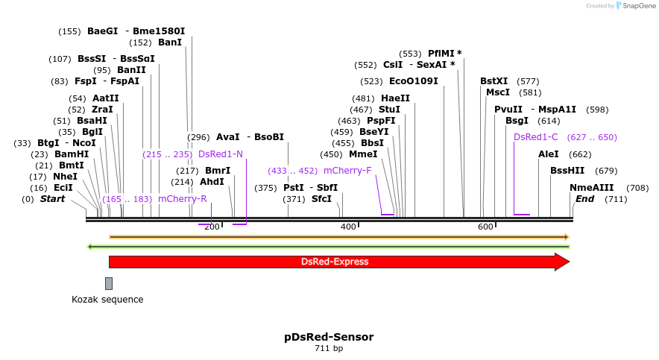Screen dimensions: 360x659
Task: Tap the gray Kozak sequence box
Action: coord(109,283)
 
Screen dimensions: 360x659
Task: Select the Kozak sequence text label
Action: coord(107,300)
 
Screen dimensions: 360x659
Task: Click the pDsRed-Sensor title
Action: coord(329,337)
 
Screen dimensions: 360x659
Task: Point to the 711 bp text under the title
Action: coord(329,348)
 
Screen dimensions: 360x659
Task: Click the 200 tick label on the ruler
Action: coord(212,227)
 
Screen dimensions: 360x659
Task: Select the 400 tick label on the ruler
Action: coord(348,227)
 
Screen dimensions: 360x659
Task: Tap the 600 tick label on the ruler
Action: coord(485,227)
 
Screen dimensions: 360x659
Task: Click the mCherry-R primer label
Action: coord(182,199)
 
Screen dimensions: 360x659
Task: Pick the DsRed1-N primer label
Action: coord(221,154)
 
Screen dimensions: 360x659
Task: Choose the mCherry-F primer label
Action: coord(347,171)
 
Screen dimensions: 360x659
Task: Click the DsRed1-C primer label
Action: coord(536,137)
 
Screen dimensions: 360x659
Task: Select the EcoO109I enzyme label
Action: coord(414,81)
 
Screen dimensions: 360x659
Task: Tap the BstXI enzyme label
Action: coord(494,81)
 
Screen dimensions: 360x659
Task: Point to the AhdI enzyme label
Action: coord(212,182)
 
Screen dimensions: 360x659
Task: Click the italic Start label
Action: coord(52,199)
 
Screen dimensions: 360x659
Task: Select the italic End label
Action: coord(584,199)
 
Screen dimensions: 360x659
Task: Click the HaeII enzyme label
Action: coord(395,98)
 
